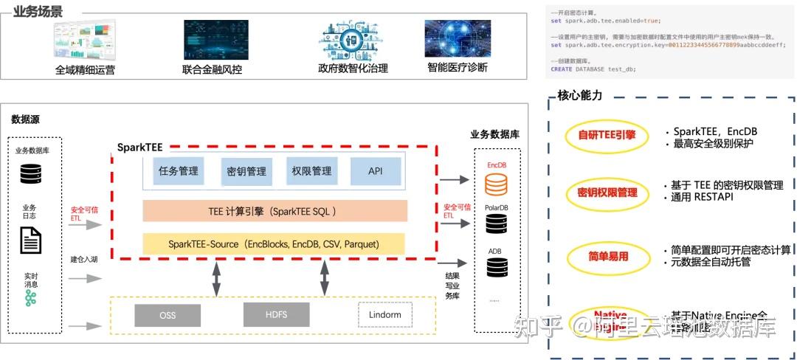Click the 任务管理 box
pos(178,171)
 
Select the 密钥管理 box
pos(246,171)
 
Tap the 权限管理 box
pos(311,171)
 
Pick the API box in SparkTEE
pos(376,171)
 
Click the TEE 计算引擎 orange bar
pos(275,211)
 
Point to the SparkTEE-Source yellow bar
pos(275,243)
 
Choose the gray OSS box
pos(168,315)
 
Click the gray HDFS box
pos(276,314)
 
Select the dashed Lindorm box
pos(384,314)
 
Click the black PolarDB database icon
pos(496,226)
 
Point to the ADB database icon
pos(496,268)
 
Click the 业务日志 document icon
pos(30,240)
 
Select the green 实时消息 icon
pos(30,297)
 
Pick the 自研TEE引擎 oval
pos(607,135)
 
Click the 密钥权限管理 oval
pos(607,193)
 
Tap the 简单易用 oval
pos(607,255)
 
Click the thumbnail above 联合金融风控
pos(216,40)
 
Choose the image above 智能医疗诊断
pos(458,38)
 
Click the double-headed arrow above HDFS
pos(324,279)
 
